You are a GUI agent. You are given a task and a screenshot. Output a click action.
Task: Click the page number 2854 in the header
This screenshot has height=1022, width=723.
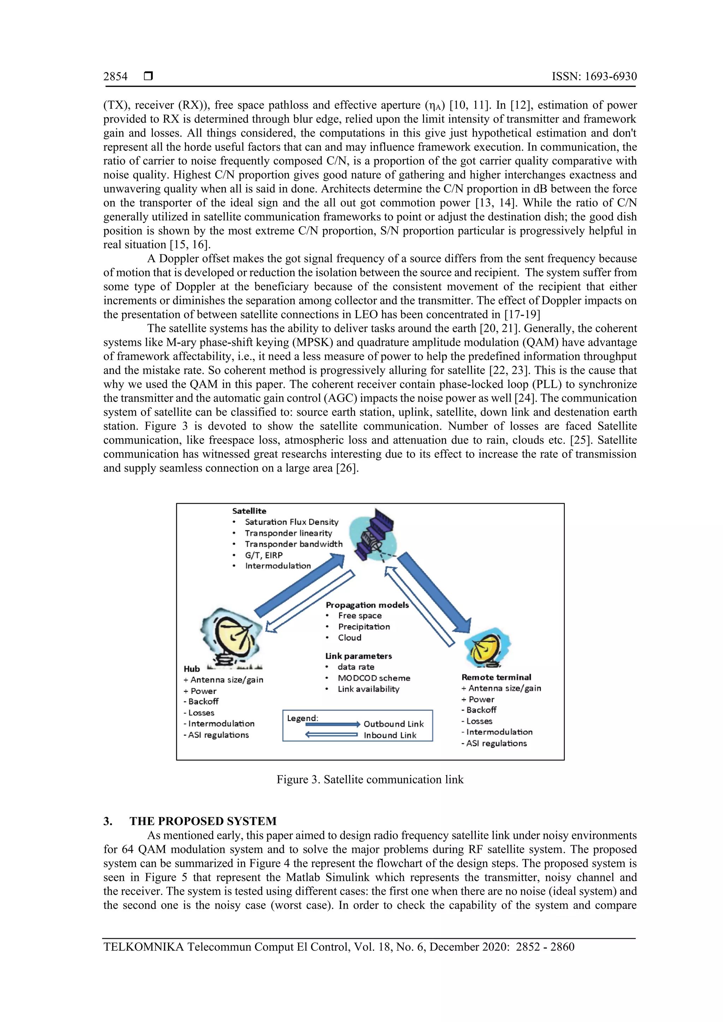tap(115, 77)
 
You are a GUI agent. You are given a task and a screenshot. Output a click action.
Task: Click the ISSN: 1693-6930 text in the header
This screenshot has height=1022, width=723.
tap(594, 77)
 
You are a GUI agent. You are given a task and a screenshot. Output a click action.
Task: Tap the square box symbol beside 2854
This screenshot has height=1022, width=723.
tap(148, 77)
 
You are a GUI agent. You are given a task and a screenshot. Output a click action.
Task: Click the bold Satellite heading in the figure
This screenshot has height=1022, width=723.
tap(249, 511)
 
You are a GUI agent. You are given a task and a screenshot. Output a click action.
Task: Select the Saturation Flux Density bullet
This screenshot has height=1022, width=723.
tap(291, 522)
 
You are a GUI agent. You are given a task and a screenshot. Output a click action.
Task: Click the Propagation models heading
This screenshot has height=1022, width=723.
tap(367, 605)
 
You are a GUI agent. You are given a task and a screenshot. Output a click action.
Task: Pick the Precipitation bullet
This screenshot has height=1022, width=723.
tap(364, 627)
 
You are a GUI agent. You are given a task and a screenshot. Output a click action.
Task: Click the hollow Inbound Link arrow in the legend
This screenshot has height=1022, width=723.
tap(331, 735)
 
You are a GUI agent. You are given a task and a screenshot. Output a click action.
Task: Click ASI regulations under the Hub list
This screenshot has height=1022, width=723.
tap(218, 735)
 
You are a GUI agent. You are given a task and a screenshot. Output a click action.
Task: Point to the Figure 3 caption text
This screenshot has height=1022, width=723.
tap(370, 779)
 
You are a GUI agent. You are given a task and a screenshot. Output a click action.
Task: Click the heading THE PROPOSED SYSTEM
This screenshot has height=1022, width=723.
tap(203, 821)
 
